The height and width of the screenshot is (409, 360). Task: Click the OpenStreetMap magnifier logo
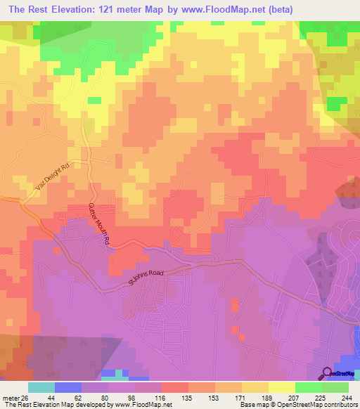pos(327,374)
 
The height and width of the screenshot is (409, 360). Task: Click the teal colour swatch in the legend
pos(41,388)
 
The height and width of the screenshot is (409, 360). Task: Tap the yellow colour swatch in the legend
pos(281,388)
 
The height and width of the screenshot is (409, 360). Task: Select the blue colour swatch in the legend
pos(68,388)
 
